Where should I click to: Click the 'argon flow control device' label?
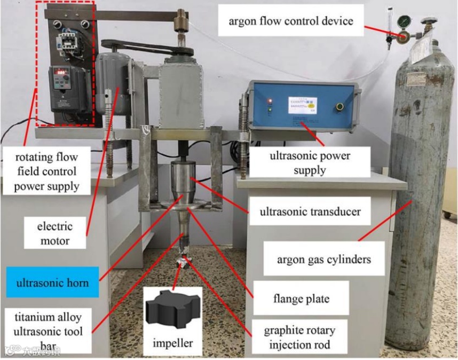click(290, 21)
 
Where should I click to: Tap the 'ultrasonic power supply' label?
click(310, 163)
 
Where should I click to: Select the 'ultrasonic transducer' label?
click(310, 212)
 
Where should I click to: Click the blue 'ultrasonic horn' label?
click(52, 283)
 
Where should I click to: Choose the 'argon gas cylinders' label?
click(323, 260)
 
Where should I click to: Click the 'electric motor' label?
click(54, 233)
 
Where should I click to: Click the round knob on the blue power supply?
click(339, 107)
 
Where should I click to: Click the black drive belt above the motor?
click(147, 48)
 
